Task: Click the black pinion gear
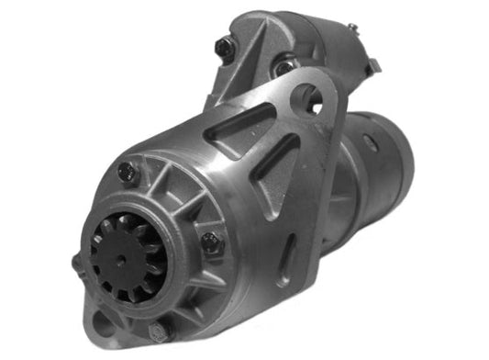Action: click(126, 255)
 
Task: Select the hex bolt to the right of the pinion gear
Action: click(210, 243)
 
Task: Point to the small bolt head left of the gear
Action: click(76, 263)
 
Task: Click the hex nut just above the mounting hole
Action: click(287, 66)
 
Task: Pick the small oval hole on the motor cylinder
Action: click(370, 143)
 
